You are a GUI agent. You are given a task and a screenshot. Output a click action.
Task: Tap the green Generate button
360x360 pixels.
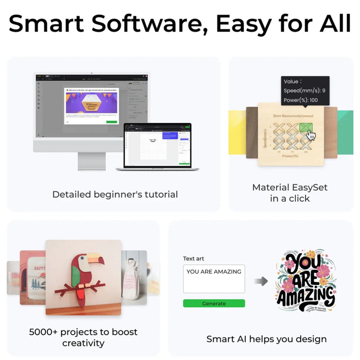pos(214,303)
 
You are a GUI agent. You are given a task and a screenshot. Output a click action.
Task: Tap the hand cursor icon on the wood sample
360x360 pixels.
pos(311,135)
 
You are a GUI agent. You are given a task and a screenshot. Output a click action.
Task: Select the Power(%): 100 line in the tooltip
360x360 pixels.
pos(301,100)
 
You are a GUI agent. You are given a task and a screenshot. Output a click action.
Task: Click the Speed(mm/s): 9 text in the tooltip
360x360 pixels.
pos(304,90)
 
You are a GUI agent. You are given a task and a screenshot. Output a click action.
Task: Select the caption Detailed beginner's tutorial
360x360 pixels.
pos(115,194)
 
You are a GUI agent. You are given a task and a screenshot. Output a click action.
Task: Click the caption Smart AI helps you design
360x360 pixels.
pos(266,339)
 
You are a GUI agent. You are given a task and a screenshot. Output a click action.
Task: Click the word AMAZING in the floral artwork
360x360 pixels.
pos(306,297)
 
